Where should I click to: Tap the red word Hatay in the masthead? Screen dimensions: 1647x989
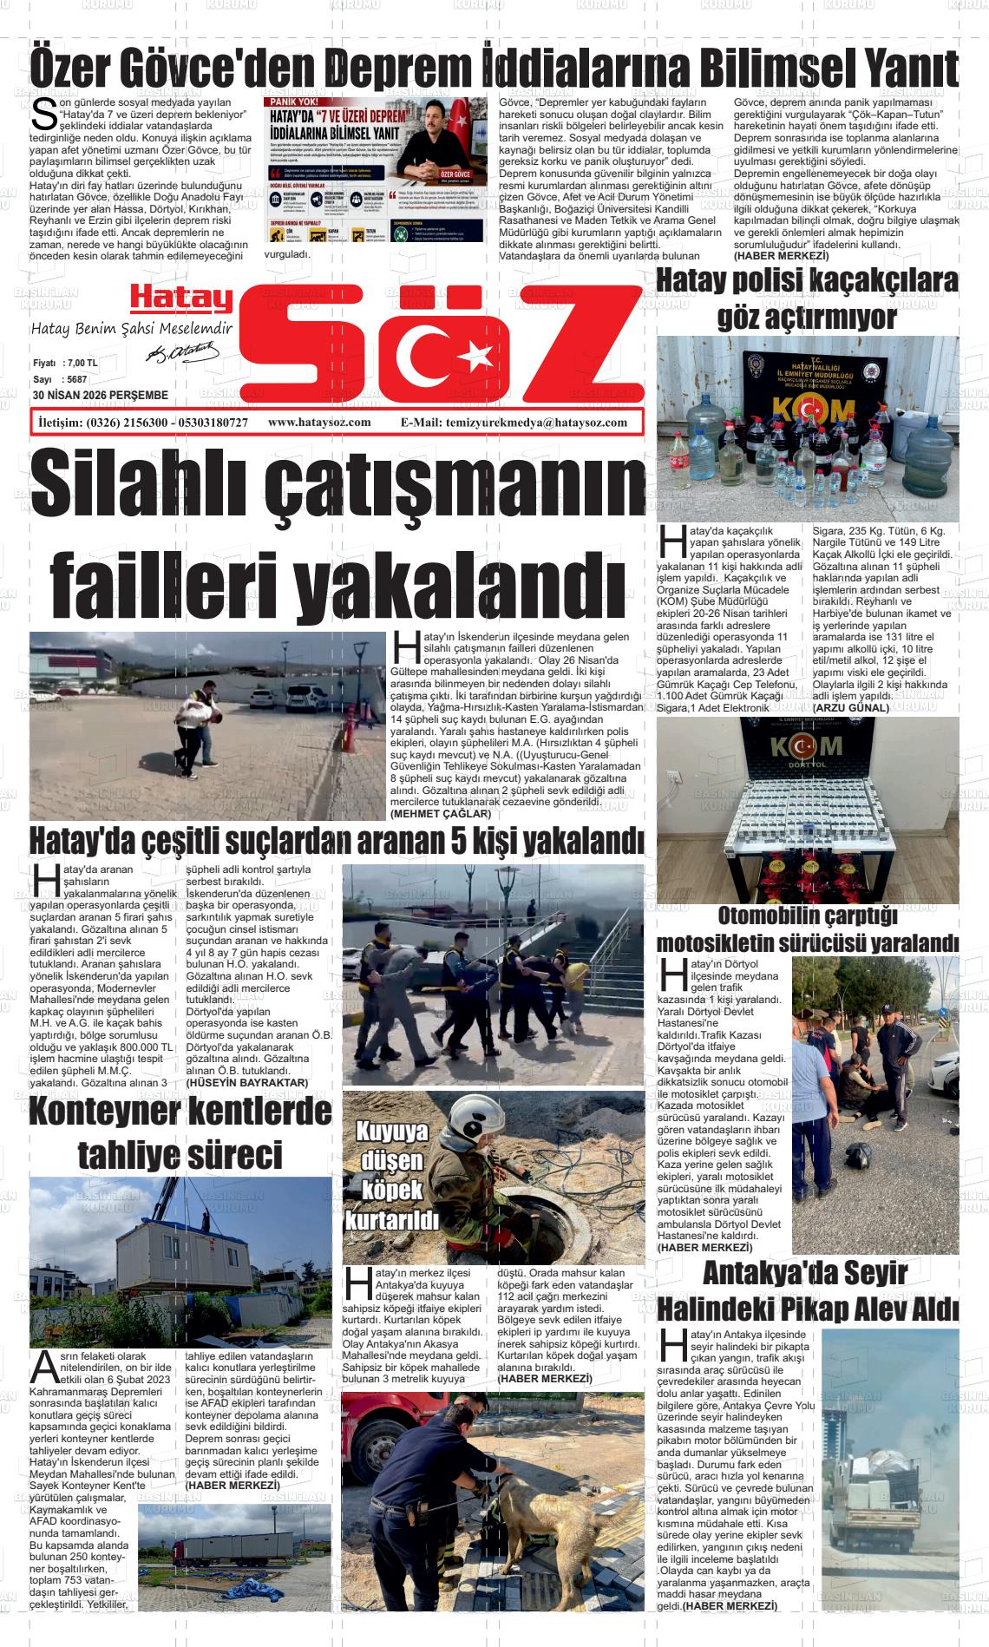(182, 299)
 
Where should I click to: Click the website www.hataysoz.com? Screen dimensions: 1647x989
(319, 423)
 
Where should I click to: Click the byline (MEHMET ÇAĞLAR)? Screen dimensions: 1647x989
(441, 814)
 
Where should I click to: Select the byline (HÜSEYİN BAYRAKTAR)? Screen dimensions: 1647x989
(247, 1082)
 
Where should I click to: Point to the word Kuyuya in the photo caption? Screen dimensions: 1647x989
(392, 1132)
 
